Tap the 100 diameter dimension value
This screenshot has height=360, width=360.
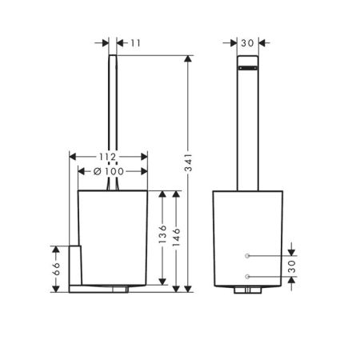(x=115, y=170)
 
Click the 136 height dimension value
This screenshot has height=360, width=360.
(x=163, y=238)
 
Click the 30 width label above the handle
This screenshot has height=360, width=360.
(x=248, y=43)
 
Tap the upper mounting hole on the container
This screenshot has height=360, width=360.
(x=248, y=255)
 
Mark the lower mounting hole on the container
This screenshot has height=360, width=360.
(x=248, y=276)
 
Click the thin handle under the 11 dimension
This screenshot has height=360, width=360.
(x=112, y=120)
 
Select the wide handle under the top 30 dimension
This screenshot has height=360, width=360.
(x=248, y=128)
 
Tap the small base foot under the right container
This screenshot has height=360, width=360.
(x=248, y=291)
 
